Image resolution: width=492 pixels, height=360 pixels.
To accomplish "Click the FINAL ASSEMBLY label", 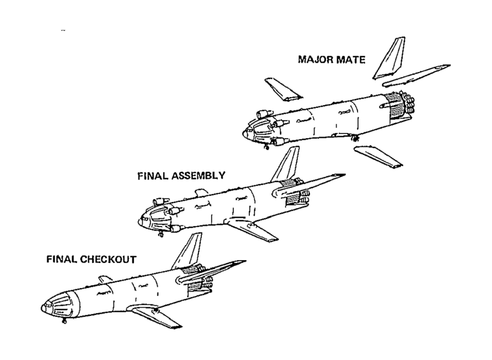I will (181, 176).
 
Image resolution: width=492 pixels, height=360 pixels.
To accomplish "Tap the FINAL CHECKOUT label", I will (91, 259).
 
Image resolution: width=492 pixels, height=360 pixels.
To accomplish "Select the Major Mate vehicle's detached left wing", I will (284, 89).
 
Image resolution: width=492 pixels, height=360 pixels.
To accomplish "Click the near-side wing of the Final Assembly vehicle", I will (252, 229).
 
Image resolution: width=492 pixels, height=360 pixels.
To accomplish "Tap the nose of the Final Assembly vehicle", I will (141, 222).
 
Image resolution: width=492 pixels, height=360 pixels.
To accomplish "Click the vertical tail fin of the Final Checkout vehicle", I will (188, 251).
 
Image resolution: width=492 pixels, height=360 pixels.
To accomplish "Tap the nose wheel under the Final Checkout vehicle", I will (63, 322).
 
